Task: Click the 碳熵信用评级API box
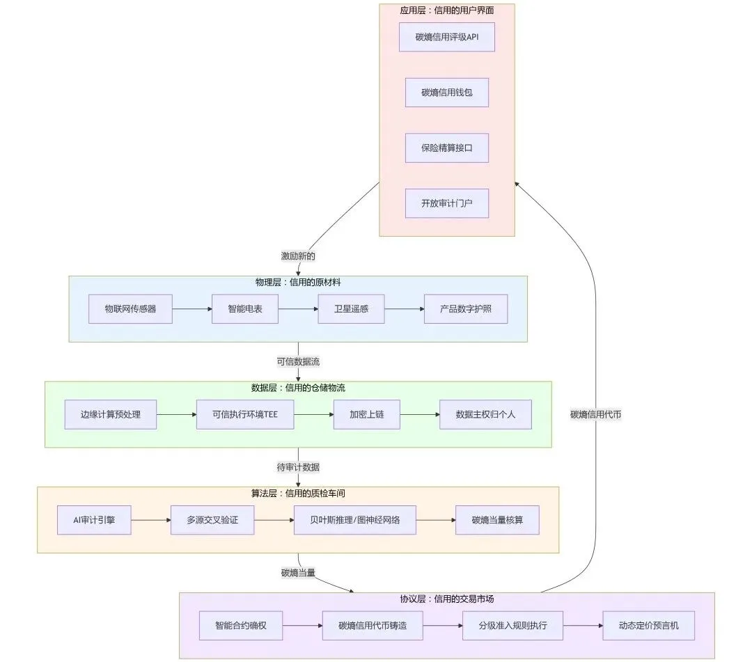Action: [446, 37]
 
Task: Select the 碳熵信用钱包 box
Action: [446, 93]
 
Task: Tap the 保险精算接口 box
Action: [446, 148]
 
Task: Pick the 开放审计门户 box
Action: [446, 203]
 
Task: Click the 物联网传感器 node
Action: [130, 309]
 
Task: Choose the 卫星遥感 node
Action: [351, 309]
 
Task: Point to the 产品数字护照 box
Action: [466, 309]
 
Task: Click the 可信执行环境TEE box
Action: [245, 415]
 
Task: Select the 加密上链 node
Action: [367, 415]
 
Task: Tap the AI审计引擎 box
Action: [94, 520]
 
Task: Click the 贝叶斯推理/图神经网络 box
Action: [355, 520]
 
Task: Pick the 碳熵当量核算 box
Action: [497, 520]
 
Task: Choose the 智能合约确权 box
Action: [241, 626]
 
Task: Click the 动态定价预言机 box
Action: [648, 626]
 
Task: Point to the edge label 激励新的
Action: [298, 256]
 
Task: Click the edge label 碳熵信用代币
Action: [595, 415]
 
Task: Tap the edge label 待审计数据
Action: [298, 467]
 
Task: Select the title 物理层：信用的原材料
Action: [298, 283]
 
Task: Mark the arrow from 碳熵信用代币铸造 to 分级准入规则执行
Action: [443, 626]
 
